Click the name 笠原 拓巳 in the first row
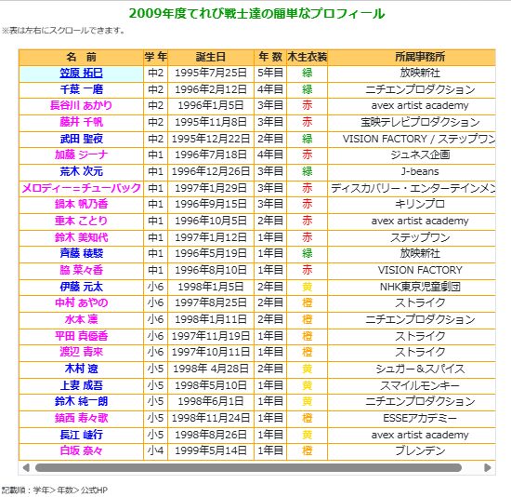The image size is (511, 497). coord(82,73)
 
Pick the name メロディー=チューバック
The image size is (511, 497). coord(82,188)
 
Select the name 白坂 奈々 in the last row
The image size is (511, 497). coord(82,450)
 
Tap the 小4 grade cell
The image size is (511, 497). coord(155,450)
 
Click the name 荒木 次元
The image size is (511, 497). coord(82,171)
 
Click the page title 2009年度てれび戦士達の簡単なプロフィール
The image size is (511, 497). coord(255,13)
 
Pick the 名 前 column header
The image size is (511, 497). coord(82,56)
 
